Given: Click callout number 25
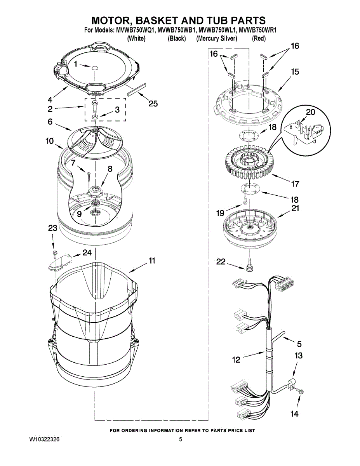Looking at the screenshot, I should point(153,104).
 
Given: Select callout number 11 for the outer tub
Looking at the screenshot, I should point(152,261).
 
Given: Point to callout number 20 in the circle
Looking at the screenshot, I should point(310,113).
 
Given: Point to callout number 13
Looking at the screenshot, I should point(298,355).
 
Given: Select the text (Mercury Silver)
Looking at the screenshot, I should point(216,38).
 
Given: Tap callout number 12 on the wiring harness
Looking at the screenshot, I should point(236,360).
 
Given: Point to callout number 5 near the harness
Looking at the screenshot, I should point(299,344).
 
